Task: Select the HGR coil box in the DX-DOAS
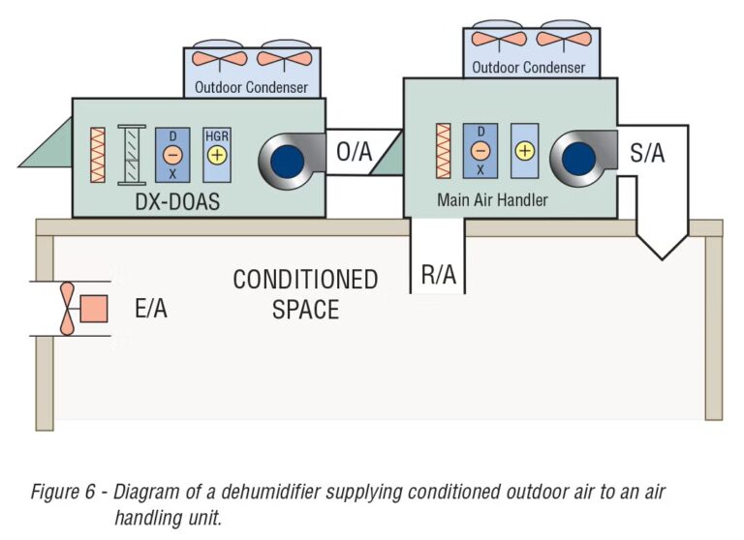point(216,154)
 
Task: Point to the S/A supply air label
point(648,152)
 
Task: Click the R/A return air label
point(438,274)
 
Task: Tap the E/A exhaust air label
point(153,309)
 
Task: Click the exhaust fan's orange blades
point(67,309)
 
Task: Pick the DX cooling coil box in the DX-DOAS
point(171,154)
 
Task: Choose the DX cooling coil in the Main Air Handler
point(480,150)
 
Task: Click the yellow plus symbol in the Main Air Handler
point(524,150)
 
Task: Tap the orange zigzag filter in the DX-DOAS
point(97,154)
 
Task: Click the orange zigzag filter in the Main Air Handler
point(445,151)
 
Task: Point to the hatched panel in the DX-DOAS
point(131,154)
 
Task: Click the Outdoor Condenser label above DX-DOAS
point(252,87)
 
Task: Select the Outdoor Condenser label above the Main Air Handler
point(529,68)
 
